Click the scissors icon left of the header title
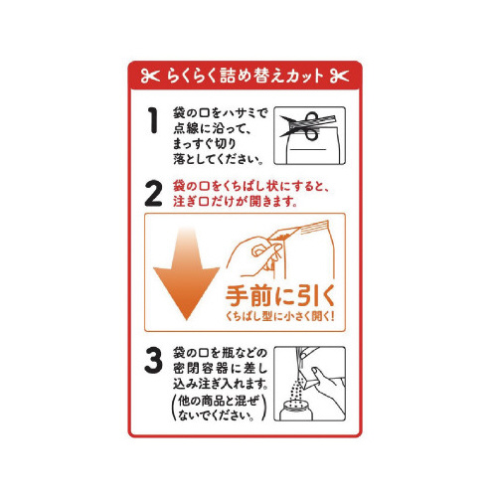coord(150,76)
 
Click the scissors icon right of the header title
coord(339,76)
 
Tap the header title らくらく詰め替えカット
coord(246,76)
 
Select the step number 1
coord(153,120)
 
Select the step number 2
coord(153,194)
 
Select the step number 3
coord(153,360)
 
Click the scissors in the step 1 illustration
coord(307,126)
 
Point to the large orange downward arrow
coord(186,273)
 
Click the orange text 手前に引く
coord(280,295)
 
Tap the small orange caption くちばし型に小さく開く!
coord(280,316)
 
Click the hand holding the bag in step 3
coord(326,388)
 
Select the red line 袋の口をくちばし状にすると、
coord(251,186)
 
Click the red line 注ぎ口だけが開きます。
coord(236,202)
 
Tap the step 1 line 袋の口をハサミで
coord(220,113)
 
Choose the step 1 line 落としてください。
coord(219,159)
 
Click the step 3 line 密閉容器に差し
coord(220,369)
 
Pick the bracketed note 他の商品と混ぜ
coord(218,401)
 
